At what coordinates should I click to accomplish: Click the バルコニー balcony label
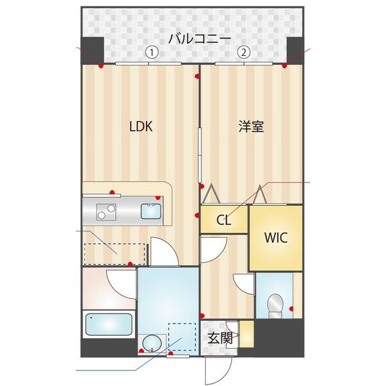pyautogui.click(x=199, y=39)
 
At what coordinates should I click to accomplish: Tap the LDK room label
pyautogui.click(x=141, y=127)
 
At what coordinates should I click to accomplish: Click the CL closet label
pyautogui.click(x=223, y=221)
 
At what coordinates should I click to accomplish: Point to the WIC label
pyautogui.click(x=275, y=236)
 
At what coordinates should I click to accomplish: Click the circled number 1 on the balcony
pyautogui.click(x=151, y=53)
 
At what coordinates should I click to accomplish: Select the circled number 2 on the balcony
pyautogui.click(x=243, y=53)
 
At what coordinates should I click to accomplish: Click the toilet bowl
pyautogui.click(x=275, y=304)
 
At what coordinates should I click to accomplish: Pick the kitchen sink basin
pyautogui.click(x=152, y=210)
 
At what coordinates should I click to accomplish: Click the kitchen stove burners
pyautogui.click(x=106, y=210)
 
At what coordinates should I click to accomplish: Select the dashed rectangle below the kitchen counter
pyautogui.click(x=115, y=253)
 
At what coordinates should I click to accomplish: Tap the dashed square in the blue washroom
pyautogui.click(x=181, y=336)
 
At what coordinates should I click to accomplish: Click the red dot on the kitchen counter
pyautogui.click(x=113, y=192)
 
